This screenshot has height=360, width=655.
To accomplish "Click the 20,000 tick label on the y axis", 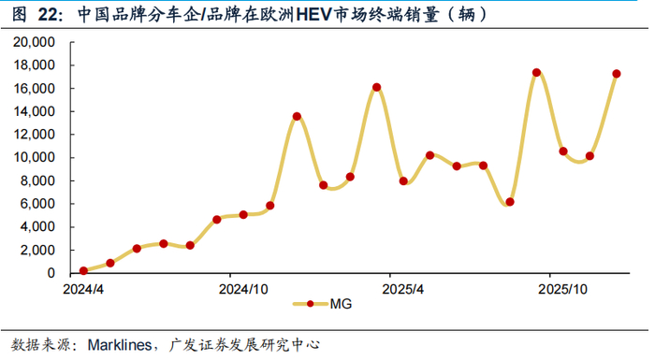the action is pos(35,42).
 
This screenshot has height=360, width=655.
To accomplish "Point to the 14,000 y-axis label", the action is pos(35,111).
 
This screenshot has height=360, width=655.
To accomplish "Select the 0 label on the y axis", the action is pos(51,273).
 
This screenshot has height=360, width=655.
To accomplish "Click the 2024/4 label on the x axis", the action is pos(83,289).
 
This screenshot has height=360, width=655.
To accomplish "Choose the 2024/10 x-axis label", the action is pos(243,289).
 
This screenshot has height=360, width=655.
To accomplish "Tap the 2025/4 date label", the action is pos(402,289).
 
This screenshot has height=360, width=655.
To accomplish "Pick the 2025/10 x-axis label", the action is pos(562,289).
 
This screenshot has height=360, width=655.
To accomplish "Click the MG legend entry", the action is pos(323,304).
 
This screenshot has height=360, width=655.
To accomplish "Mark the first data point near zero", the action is pos(83,270).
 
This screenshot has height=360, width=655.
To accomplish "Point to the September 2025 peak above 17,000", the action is pos(536,73).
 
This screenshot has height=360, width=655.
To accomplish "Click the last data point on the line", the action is pos(616,74).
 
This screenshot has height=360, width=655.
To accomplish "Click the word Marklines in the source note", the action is pos(120,345).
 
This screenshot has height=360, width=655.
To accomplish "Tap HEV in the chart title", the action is pos(313,15).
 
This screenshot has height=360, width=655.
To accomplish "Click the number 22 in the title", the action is pos(49,15).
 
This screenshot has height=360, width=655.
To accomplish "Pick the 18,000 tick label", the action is pos(35,65).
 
